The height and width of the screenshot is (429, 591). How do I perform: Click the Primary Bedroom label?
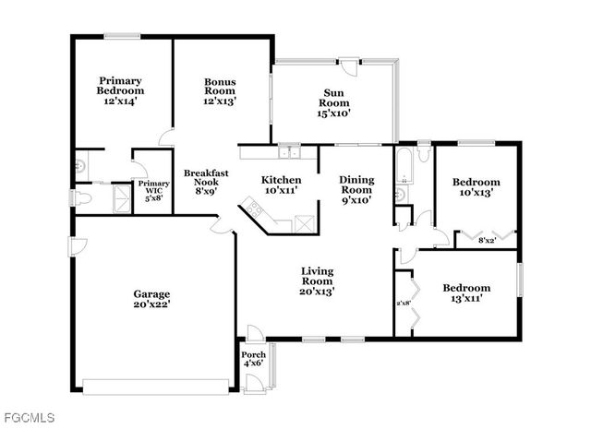point(121,86)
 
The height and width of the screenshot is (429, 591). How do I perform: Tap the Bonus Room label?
point(220,86)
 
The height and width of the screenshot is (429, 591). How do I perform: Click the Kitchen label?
point(280,179)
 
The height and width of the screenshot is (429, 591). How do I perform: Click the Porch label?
point(253,355)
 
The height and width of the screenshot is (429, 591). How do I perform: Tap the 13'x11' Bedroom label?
point(465,287)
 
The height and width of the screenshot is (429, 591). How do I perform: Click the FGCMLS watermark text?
point(29,416)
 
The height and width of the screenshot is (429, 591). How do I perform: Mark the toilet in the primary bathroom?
point(84,197)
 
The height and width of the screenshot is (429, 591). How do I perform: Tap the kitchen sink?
point(290,152)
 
